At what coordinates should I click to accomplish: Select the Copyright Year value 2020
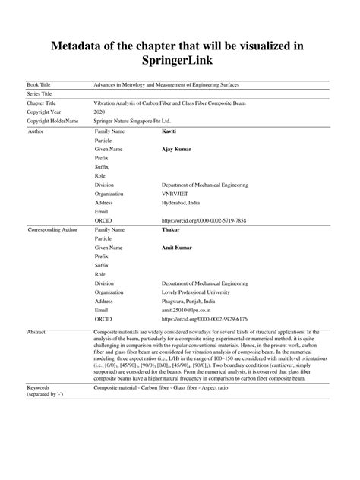99,111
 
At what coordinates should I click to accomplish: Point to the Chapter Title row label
45,102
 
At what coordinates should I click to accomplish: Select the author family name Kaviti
171,131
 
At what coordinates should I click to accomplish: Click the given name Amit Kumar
177,247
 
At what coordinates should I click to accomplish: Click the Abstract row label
37,333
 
